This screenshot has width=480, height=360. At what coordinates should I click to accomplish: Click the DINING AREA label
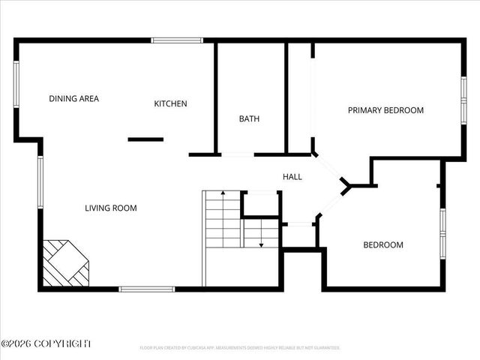pos(73,98)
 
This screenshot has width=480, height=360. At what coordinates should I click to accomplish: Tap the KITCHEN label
pos(170,103)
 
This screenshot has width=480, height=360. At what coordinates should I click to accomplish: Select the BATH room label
pos(250,118)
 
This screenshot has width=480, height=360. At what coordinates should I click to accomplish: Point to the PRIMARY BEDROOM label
pos(385,110)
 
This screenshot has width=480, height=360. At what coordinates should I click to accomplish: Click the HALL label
pos(292,177)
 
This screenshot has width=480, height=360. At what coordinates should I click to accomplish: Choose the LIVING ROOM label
pos(110,208)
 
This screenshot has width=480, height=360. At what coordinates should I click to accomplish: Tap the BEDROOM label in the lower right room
pos(383,244)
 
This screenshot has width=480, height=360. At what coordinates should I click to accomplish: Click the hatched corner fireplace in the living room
pos(64,263)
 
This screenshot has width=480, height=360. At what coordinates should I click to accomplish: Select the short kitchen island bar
pos(145,139)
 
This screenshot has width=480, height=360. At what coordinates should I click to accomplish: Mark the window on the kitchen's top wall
pos(177,40)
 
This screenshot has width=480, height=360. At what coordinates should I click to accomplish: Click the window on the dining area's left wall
pos(16,84)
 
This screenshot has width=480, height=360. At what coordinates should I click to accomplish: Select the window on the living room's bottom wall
pos(147,289)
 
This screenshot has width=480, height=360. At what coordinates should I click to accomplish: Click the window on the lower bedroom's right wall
pos(442,233)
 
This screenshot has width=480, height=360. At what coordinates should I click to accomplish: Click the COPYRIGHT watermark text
pos(46,343)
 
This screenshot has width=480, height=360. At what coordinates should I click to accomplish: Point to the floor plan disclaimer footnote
pos(240,348)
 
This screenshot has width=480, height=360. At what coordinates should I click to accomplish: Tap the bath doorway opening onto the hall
pos(237,154)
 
